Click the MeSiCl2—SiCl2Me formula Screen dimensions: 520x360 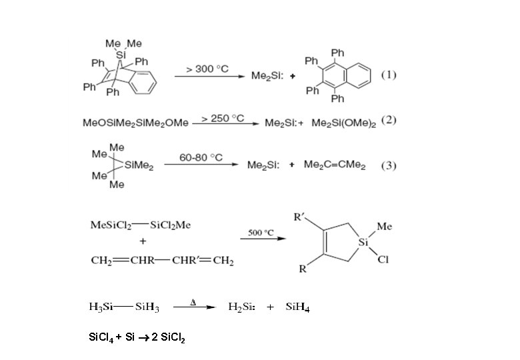(x=141, y=225)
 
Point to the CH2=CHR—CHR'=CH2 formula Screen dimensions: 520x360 (x=162, y=261)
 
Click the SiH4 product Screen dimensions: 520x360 (x=297, y=307)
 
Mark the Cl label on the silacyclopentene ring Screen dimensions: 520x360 (x=383, y=260)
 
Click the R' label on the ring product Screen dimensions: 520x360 (x=300, y=217)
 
